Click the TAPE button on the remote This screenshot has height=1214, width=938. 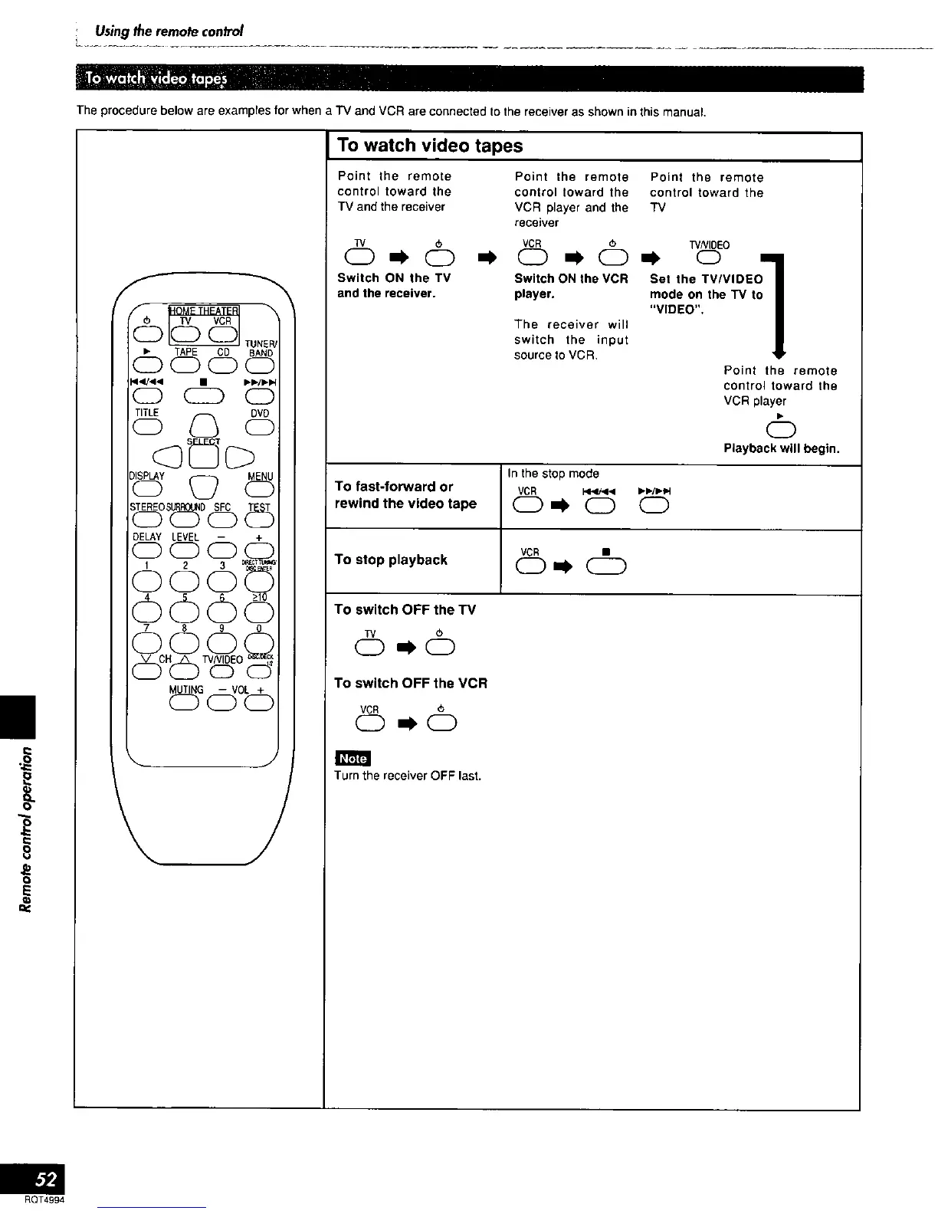(x=185, y=366)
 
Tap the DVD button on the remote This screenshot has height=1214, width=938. (x=260, y=428)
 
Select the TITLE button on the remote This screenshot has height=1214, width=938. (x=146, y=428)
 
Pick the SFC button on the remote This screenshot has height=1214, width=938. (x=222, y=520)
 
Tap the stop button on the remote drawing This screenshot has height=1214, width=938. (x=203, y=395)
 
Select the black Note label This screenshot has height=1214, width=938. (x=353, y=758)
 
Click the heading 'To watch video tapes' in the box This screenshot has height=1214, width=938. (x=429, y=146)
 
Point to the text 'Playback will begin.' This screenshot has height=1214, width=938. (x=781, y=448)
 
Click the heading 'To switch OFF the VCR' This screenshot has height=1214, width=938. (x=411, y=683)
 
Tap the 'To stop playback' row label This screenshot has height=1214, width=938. (x=391, y=559)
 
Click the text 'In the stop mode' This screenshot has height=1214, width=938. (x=553, y=474)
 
